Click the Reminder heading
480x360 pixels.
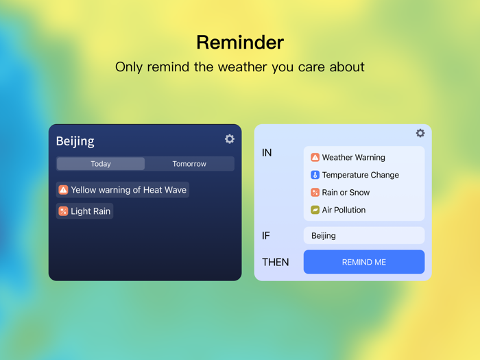coord(240,43)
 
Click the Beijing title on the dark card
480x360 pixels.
coord(75,141)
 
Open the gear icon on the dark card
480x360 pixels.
coord(230,139)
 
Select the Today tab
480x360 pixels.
coord(101,164)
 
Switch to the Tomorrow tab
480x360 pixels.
coord(189,164)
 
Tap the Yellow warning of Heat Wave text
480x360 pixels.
coord(128,190)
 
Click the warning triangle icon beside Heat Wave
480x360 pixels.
coord(63,190)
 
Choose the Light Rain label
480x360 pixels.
coord(91,211)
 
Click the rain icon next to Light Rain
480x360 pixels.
coord(63,211)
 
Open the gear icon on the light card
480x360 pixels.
coord(420,133)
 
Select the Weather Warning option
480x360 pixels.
coord(353,158)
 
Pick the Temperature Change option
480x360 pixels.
coord(360,175)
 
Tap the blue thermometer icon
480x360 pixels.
coord(315,175)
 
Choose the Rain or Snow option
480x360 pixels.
coord(346,193)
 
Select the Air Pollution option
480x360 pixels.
coord(344,210)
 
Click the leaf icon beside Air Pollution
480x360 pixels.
coord(315,210)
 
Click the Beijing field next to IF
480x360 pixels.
coord(364,235)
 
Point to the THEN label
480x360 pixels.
coord(276,262)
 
